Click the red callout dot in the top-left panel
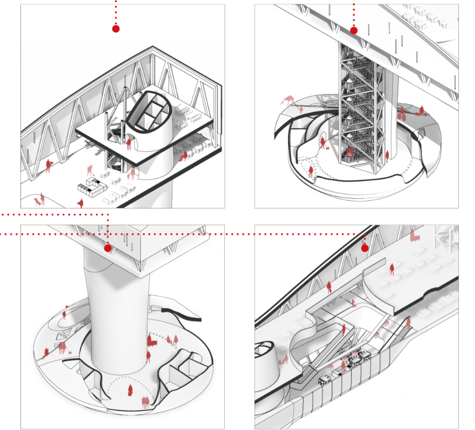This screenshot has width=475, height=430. click(x=115, y=29)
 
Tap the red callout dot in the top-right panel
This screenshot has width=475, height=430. click(x=354, y=30)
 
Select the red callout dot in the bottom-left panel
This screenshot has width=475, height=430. click(x=108, y=248)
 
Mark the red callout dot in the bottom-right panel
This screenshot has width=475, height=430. click(x=365, y=248)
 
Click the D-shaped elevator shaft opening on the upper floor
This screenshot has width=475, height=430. click(x=146, y=113)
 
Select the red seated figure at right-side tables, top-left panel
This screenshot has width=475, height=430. click(x=183, y=157)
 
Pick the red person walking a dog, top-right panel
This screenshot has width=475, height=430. click(x=322, y=144)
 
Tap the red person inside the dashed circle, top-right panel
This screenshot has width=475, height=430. click(x=310, y=172)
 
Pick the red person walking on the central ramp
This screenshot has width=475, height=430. click(x=343, y=330)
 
